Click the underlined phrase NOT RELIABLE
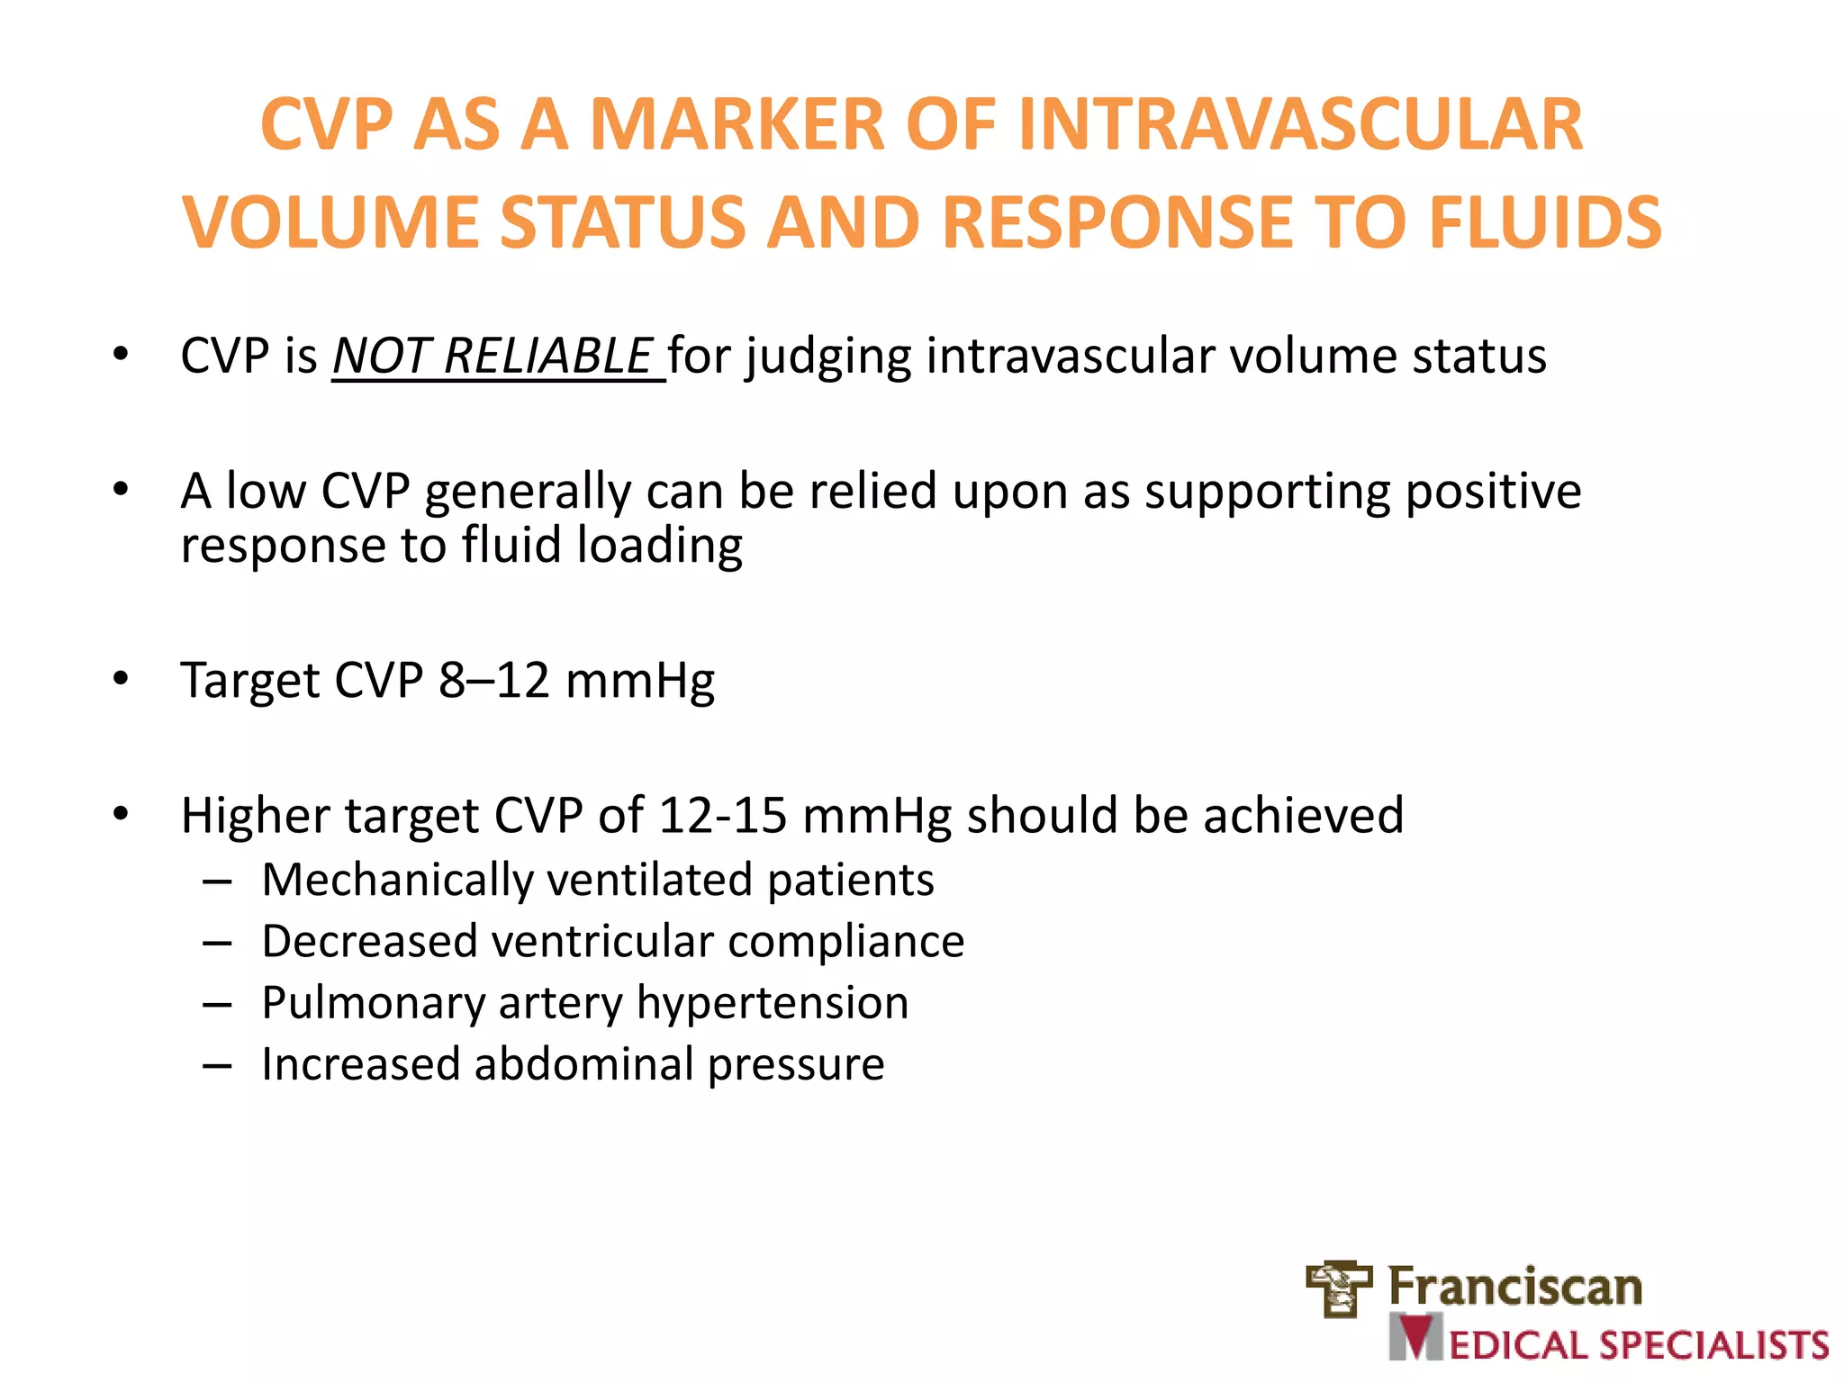point(493,356)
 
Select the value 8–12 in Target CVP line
point(493,680)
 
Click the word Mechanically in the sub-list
point(397,881)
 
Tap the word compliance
point(845,942)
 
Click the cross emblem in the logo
point(1339,1288)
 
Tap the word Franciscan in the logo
point(1514,1287)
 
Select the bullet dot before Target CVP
point(121,679)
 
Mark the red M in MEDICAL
point(1416,1338)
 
